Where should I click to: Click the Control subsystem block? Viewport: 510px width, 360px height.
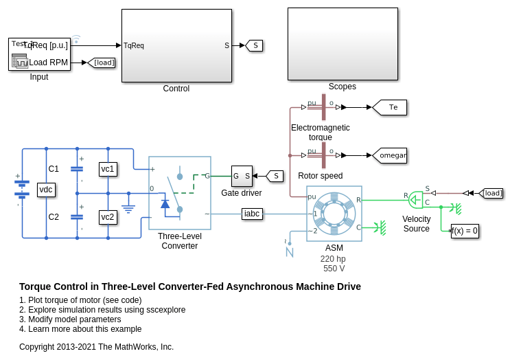176,45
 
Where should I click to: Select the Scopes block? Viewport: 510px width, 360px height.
343,44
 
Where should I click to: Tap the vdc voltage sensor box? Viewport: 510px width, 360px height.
46,190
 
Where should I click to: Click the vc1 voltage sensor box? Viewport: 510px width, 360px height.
108,169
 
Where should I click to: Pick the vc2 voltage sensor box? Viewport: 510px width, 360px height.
108,217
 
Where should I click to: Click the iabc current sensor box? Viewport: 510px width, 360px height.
252,214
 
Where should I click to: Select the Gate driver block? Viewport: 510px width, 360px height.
242,176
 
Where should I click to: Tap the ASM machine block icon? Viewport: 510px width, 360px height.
334,213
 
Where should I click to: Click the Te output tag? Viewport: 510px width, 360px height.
391,107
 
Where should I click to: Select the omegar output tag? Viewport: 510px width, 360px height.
391,155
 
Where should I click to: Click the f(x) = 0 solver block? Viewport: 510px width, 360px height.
465,231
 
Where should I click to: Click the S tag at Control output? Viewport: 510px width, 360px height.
255,45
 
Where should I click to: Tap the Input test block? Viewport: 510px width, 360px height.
39,54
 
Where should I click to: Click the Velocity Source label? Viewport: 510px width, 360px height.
416,224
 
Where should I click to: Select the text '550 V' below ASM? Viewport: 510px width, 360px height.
334,269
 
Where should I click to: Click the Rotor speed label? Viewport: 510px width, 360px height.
320,176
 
